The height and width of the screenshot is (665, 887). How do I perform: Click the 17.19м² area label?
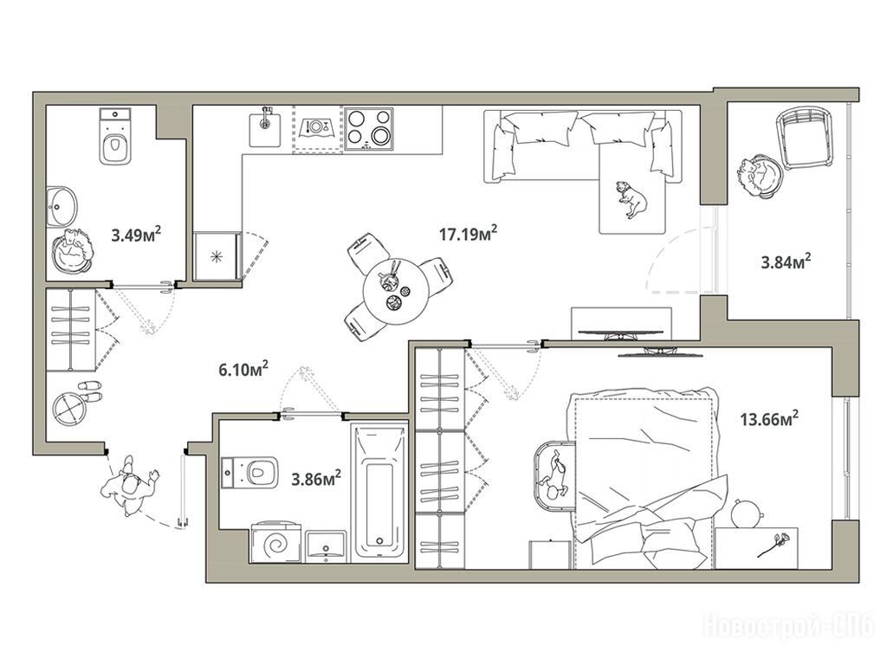point(469,233)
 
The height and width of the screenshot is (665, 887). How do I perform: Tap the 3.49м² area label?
point(136,234)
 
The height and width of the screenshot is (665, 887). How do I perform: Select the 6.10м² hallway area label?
point(243,370)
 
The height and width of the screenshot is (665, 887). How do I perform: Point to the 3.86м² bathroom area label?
point(316,479)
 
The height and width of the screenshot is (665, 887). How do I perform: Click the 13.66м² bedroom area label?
point(769,419)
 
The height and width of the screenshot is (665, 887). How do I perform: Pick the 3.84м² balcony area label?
point(787,261)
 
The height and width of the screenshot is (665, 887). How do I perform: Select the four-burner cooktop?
point(369,129)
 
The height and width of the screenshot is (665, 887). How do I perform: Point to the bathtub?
point(379,492)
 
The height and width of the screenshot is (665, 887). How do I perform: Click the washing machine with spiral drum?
point(276,543)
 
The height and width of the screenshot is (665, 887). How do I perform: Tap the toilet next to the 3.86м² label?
point(250,472)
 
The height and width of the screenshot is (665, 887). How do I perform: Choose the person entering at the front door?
point(132,486)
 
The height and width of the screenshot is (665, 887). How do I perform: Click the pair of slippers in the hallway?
point(89,391)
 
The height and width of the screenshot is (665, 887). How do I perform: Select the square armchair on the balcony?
point(806,139)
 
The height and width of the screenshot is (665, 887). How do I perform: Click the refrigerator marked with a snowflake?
point(217,255)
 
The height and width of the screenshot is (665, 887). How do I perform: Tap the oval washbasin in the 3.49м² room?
point(62,206)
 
